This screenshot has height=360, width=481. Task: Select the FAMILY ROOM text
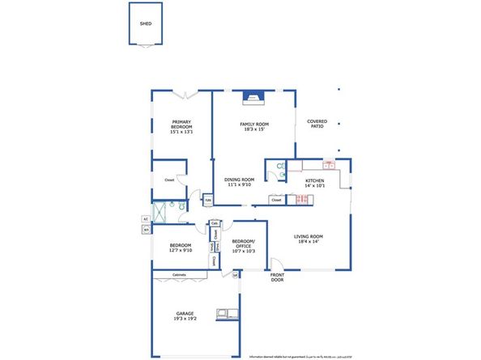tap(253, 125)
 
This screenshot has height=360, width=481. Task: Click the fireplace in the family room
tap(253, 97)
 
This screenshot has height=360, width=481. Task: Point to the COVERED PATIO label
tap(317, 125)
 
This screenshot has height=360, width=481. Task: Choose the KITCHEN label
tap(315, 180)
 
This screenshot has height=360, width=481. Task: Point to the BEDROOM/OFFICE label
tap(244, 245)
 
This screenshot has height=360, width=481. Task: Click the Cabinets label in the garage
tap(179, 275)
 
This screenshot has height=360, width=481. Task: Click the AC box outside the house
tap(146, 218)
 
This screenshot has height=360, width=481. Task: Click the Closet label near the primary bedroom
tap(169, 180)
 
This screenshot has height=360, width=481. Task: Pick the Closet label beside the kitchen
tap(276, 199)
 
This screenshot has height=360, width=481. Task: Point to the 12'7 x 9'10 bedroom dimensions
tap(181, 250)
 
